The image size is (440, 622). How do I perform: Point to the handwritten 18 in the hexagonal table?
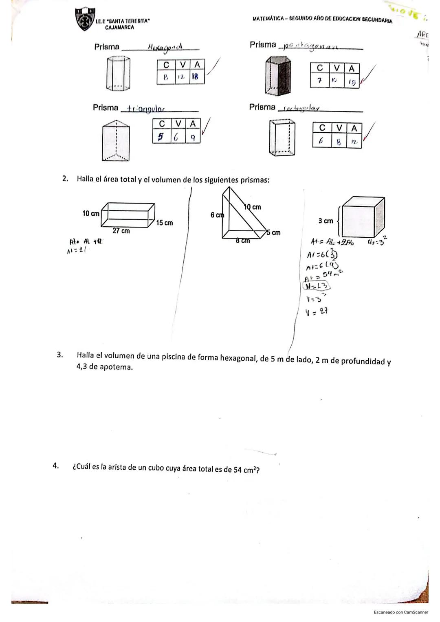click(196, 77)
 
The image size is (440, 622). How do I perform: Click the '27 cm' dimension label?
click(121, 231)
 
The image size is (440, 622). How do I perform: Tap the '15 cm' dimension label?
click(165, 223)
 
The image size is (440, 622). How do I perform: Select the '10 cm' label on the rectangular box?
click(90, 213)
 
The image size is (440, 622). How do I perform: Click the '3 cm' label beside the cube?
click(326, 221)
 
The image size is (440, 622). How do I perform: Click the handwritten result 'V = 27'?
click(317, 311)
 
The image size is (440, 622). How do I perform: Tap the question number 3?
click(60, 355)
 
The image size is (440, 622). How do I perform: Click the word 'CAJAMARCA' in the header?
click(119, 28)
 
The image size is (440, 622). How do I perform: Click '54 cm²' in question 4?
click(247, 469)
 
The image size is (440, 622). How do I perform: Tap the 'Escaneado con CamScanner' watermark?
click(400, 612)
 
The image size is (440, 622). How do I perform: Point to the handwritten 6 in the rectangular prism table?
click(321, 141)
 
